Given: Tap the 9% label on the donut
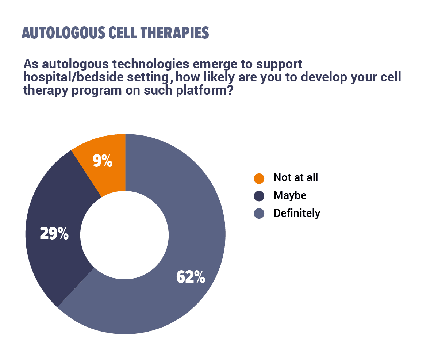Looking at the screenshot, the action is click(x=103, y=161).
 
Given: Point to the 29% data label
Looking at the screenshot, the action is click(x=54, y=233).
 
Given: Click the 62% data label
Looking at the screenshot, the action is click(x=191, y=277).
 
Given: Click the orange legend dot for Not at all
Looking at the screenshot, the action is click(x=259, y=179).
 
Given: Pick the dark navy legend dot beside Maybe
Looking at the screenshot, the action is click(x=259, y=196).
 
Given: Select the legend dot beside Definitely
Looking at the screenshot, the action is click(x=259, y=213).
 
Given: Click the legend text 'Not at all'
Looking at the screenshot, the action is click(x=296, y=177).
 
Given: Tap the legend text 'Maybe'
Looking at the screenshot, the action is click(x=290, y=196).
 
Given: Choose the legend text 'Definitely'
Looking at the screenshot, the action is click(x=297, y=213).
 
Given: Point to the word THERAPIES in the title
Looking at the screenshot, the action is click(x=174, y=33).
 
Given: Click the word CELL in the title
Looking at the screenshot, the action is click(x=123, y=33).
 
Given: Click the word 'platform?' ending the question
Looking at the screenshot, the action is click(x=205, y=91).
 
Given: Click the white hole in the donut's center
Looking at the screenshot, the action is click(x=124, y=235).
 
